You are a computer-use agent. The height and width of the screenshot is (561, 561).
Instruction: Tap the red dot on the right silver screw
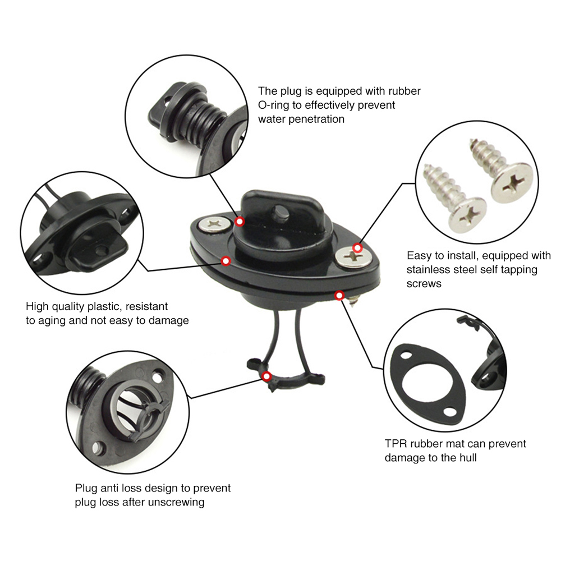357,248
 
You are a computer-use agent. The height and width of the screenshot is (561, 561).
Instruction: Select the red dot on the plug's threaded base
240,221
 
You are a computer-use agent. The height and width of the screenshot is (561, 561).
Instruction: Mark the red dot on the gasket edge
339,295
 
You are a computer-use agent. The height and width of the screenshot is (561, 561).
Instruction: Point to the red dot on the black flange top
226,261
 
